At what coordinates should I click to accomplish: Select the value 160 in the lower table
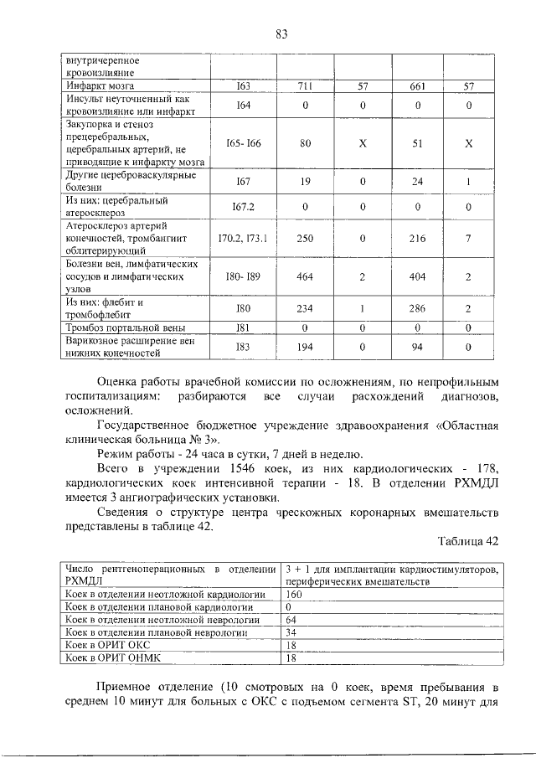[x=294, y=593]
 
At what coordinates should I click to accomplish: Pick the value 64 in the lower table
[x=291, y=620]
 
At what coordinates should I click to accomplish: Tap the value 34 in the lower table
[x=291, y=632]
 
